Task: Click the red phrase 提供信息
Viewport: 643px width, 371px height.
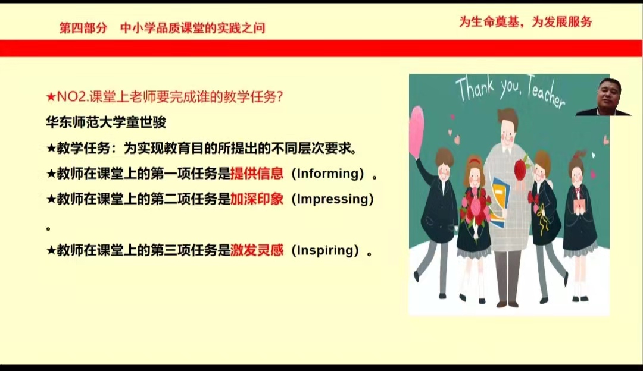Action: [257, 173]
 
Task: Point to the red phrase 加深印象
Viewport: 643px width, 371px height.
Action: [257, 199]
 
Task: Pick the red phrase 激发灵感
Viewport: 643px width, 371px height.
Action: [257, 250]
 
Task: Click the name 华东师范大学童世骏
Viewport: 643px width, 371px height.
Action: [106, 122]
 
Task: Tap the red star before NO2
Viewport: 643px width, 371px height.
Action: [51, 97]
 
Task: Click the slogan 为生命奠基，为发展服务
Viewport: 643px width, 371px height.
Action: [525, 22]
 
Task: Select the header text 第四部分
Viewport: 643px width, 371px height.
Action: [83, 28]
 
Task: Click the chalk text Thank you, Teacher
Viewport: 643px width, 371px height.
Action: [510, 91]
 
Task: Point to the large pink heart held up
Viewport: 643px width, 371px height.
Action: [416, 130]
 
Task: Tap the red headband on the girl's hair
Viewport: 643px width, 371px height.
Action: [475, 160]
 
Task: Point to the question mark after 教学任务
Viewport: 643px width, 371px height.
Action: [279, 97]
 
